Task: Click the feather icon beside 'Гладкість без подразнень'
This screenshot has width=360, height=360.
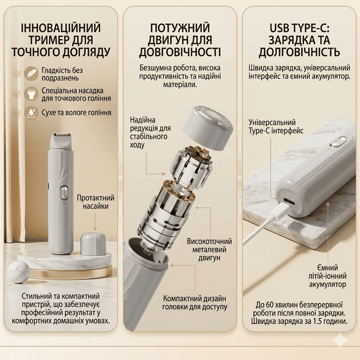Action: point(31,73)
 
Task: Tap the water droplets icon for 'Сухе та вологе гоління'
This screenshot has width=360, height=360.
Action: point(31,113)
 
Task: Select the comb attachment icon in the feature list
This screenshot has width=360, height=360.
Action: point(31,93)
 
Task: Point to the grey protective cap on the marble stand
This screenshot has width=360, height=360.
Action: point(94,244)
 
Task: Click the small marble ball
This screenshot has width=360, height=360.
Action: point(19,272)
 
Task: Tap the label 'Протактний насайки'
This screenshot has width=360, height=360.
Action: point(96,202)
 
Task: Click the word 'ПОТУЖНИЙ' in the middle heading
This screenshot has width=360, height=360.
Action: point(180,28)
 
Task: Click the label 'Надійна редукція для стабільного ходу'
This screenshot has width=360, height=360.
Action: point(150,133)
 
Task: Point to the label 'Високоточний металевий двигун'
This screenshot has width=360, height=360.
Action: point(209,250)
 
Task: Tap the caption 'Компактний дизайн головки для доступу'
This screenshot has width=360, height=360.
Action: point(195,303)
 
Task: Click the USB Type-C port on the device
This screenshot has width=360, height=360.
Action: point(290,202)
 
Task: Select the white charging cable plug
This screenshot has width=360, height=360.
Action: point(279,210)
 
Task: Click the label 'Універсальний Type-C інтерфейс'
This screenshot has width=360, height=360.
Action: point(276,127)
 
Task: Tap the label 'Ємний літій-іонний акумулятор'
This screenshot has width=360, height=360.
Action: point(327,276)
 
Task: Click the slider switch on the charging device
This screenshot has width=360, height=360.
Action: point(339,142)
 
